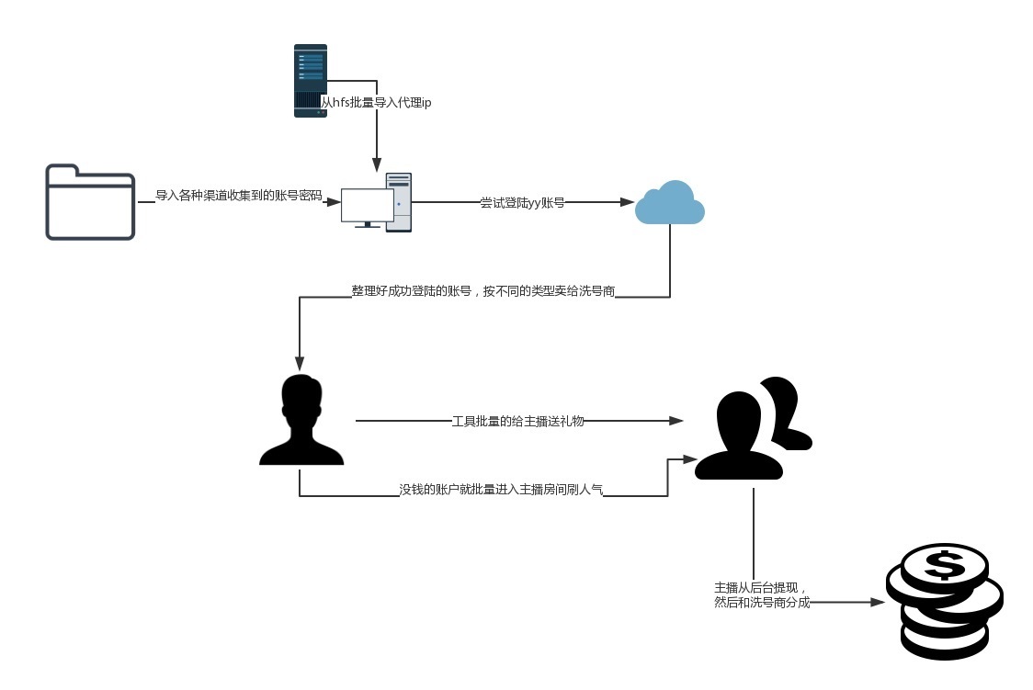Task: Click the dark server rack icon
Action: point(310,81)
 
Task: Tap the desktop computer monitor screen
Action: point(366,205)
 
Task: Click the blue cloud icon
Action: point(670,204)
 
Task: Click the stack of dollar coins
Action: point(943,602)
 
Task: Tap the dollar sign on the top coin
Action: point(943,564)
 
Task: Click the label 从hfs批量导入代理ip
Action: point(377,103)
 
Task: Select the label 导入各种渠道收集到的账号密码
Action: point(239,196)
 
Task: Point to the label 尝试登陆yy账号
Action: point(522,202)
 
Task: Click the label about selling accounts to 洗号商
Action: point(482,291)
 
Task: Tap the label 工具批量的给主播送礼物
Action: point(518,421)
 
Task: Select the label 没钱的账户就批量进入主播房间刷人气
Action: point(501,491)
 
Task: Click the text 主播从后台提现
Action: point(759,588)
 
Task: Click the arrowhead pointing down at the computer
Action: point(376,165)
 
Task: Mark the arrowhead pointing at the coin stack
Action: point(877,603)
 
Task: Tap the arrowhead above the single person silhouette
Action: point(299,361)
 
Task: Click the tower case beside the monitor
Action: point(399,202)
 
